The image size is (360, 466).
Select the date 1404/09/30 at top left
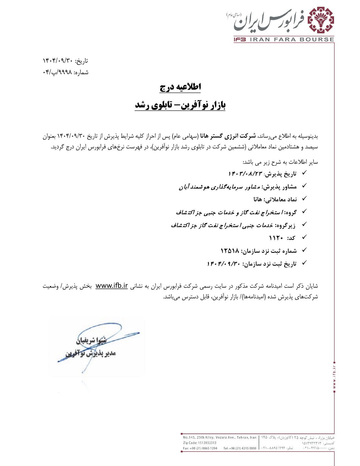[x=58, y=61]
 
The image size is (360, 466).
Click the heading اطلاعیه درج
[x=180, y=87]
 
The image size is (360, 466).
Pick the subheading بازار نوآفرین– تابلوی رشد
[x=180, y=105]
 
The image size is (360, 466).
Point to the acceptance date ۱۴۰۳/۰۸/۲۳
[x=245, y=174]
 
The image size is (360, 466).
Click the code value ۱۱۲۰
[x=276, y=238]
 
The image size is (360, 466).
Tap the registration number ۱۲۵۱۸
[x=230, y=251]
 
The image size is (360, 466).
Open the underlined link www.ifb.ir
[x=112, y=286]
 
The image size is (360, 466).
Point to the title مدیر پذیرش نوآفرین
[x=91, y=353]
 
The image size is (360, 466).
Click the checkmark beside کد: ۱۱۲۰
[x=304, y=238]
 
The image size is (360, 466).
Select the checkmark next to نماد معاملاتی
[x=304, y=199]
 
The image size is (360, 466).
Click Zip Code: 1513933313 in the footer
[x=200, y=443]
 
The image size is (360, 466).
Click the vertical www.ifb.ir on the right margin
[x=334, y=377]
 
